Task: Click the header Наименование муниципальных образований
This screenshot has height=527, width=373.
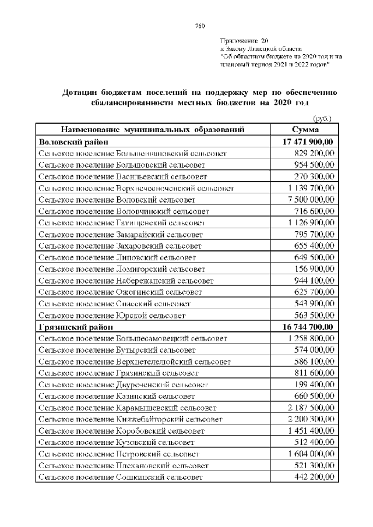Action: click(x=152, y=129)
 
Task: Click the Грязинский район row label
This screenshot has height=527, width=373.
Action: click(x=75, y=327)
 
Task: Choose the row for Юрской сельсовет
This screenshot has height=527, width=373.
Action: click(x=112, y=316)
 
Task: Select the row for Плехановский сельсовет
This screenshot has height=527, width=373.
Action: click(x=124, y=466)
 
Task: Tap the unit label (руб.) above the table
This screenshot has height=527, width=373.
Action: click(x=322, y=118)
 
